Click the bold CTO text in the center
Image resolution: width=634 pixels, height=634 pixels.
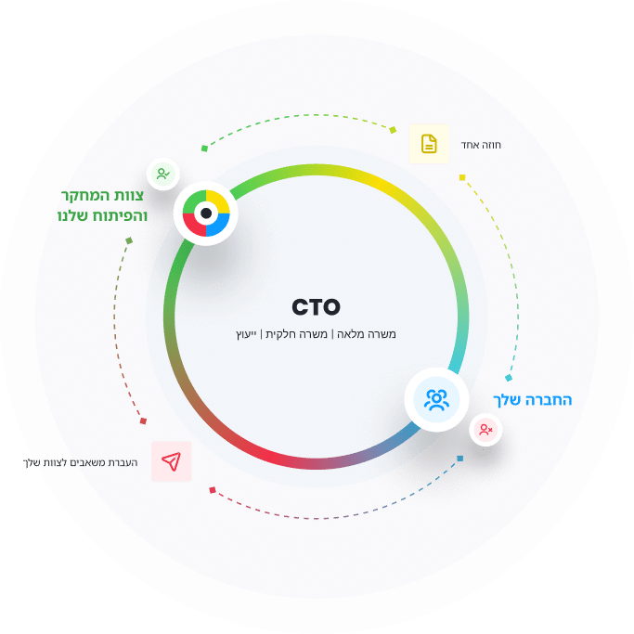pyautogui.click(x=316, y=307)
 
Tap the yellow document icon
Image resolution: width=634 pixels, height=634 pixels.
pyautogui.click(x=429, y=144)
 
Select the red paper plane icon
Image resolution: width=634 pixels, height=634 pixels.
pyautogui.click(x=171, y=461)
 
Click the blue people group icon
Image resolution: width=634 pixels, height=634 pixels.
pyautogui.click(x=436, y=399)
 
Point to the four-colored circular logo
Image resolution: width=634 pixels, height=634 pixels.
pyautogui.click(x=206, y=213)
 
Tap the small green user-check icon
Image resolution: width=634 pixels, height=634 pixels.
pyautogui.click(x=163, y=174)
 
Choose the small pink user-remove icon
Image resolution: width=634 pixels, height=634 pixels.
pyautogui.click(x=485, y=430)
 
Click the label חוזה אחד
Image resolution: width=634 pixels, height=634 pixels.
pyautogui.click(x=481, y=145)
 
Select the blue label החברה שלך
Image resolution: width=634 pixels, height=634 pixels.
pyautogui.click(x=532, y=400)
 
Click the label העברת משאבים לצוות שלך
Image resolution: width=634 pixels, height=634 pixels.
pyautogui.click(x=80, y=462)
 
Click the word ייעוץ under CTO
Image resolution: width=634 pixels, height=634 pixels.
pyautogui.click(x=246, y=334)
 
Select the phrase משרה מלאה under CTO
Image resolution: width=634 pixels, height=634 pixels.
pyautogui.click(x=367, y=334)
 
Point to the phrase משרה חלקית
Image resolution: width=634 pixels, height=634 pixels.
pyautogui.click(x=296, y=334)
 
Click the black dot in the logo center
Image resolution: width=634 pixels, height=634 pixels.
pyautogui.click(x=206, y=213)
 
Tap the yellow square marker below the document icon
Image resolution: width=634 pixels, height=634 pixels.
pyautogui.click(x=462, y=177)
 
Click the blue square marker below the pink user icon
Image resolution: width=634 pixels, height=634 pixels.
pyautogui.click(x=460, y=459)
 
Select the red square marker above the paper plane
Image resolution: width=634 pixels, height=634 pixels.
pyautogui.click(x=143, y=421)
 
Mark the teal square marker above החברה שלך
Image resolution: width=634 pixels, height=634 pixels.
pyautogui.click(x=509, y=378)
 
